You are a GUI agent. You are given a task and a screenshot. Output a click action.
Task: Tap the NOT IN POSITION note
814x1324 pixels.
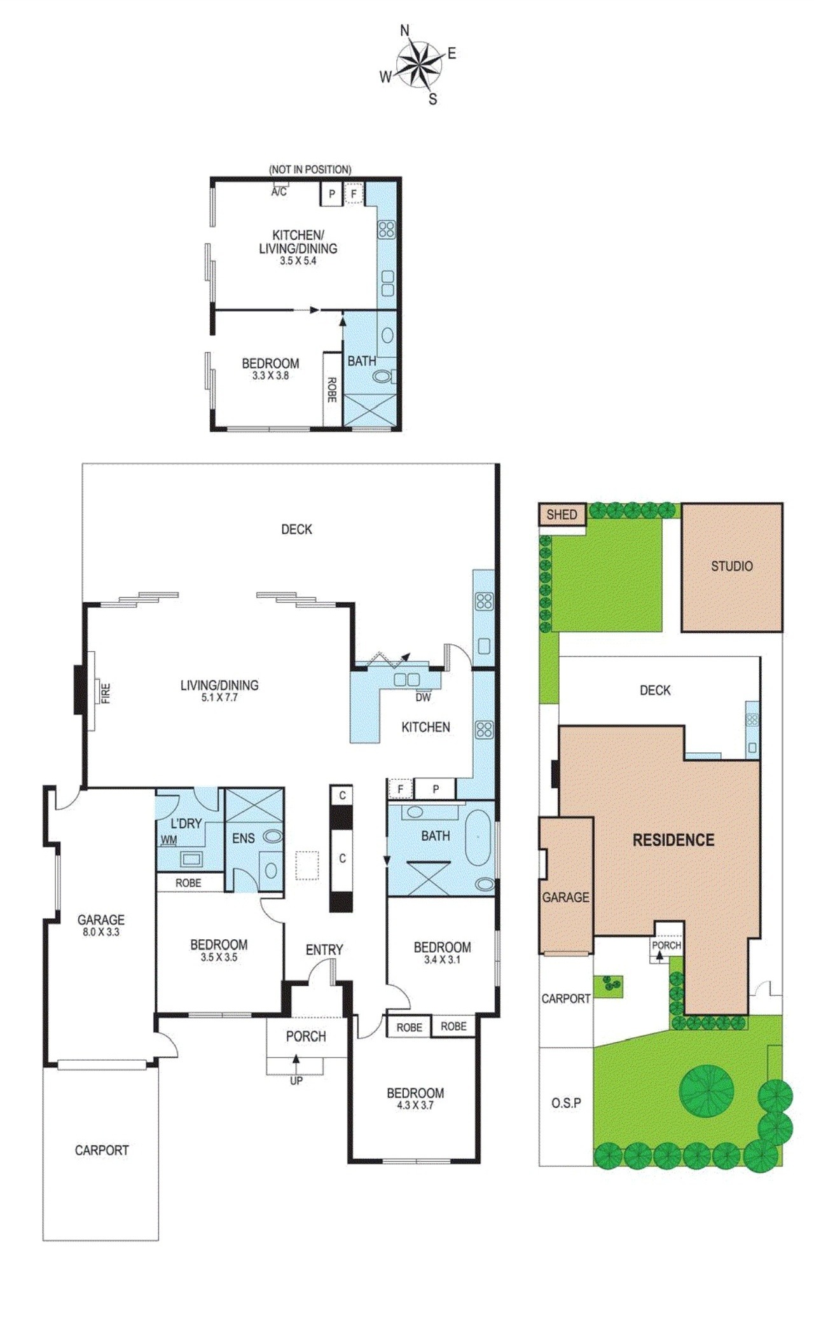pos(309,169)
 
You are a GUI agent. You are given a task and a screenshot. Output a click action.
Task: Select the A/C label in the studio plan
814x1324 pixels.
pos(279,191)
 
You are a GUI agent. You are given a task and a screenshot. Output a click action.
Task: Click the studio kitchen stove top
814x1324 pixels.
pos(386,229)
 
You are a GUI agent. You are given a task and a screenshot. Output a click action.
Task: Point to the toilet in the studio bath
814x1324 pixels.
pos(382,377)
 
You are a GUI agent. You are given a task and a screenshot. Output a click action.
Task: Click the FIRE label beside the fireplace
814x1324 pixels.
pos(106,692)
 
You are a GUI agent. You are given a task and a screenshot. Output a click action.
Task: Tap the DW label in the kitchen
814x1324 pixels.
pos(423,697)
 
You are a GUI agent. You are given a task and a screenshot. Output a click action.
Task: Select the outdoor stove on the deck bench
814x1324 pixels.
pos(484,601)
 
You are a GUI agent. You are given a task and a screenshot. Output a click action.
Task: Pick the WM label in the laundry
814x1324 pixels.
pos(169,840)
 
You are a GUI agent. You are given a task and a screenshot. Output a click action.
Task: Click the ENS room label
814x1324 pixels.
pos(243,838)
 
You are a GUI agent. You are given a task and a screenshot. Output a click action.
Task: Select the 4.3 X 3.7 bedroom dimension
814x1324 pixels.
pos(415,1105)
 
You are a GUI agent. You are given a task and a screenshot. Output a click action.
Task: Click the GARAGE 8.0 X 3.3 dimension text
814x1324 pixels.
pos(100,932)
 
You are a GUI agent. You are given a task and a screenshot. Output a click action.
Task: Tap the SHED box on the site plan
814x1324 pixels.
pos(562,514)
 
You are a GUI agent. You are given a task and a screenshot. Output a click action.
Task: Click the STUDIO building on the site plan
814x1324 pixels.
pos(731,566)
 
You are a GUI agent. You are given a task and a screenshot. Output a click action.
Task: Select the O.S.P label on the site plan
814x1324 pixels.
pos(566,1103)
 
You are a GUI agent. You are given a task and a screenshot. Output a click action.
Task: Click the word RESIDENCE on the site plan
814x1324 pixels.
pos(673,840)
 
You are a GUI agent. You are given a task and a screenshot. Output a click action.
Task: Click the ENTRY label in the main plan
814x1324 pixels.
pos(324,949)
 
